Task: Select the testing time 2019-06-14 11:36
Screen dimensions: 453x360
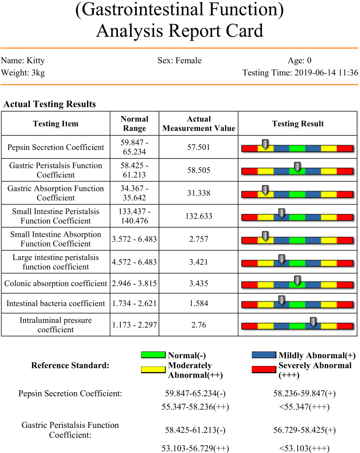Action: pos(324,73)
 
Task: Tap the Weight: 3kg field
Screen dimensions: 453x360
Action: pos(24,73)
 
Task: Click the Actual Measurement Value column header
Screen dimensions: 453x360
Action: pos(199,124)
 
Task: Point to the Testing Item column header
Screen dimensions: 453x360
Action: pos(55,124)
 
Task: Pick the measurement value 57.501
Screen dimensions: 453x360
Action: pos(199,147)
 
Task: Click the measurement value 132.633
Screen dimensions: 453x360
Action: pos(199,216)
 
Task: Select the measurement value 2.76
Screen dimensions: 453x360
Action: pos(199,325)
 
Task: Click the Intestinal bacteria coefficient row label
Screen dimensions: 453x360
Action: pos(56,304)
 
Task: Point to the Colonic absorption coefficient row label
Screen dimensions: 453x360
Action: pos(55,283)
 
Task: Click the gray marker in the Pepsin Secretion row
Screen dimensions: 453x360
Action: pos(265,143)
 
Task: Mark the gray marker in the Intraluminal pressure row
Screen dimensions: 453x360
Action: pos(313,321)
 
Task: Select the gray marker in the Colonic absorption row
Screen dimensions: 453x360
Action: pos(297,280)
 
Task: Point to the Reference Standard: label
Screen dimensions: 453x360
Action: pos(71,365)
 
